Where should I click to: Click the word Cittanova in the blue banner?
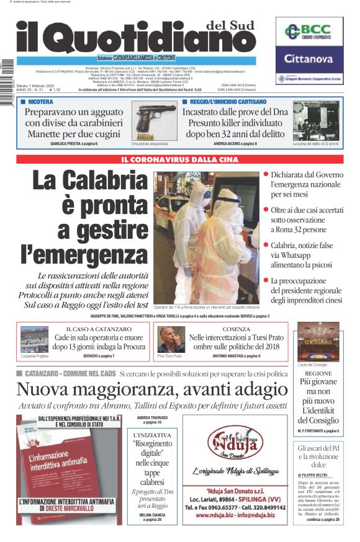309,60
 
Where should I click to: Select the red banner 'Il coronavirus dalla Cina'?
179,159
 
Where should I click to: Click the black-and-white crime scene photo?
316,120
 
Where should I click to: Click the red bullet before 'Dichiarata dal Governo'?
266,175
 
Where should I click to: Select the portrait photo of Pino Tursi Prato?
168,338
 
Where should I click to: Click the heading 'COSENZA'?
236,329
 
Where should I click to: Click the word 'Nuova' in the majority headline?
45,389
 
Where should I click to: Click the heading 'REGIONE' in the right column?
318,374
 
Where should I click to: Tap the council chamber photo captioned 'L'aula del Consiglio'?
318,343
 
